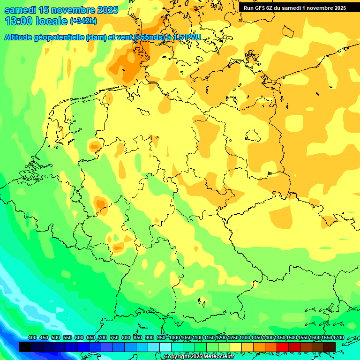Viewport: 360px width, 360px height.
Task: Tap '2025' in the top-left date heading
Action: pos(107,10)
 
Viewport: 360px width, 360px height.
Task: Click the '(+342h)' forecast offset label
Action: pos(84,21)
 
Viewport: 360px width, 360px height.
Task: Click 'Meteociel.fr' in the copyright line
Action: pos(218,357)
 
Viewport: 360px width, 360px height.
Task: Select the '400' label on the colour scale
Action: pos(32,338)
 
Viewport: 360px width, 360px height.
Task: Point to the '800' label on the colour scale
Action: pos(126,338)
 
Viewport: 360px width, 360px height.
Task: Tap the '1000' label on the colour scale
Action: pos(174,338)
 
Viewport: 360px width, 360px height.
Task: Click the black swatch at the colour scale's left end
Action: pos(25,347)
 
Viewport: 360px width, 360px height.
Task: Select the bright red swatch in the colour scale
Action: pos(283,347)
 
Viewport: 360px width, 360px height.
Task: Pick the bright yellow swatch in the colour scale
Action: pos(236,347)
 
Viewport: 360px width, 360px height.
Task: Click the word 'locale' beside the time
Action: pos(53,21)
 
